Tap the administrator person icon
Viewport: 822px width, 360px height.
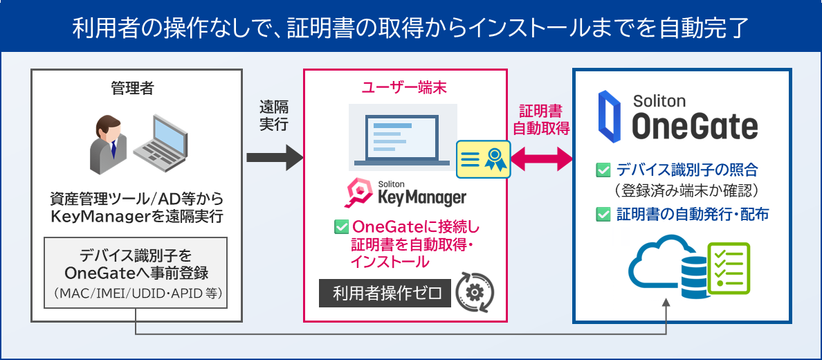tap(107, 144)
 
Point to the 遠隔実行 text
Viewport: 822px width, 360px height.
tap(274, 116)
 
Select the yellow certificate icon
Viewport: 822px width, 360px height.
tap(483, 159)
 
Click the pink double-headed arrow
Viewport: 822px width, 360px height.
tap(540, 159)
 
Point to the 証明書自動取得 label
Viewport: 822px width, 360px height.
tap(540, 120)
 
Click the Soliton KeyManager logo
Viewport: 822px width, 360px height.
tap(405, 192)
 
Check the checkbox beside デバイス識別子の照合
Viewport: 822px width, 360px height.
tap(603, 169)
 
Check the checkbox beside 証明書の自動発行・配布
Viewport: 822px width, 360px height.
tap(603, 215)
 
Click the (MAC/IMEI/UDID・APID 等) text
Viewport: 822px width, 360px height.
tap(137, 294)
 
